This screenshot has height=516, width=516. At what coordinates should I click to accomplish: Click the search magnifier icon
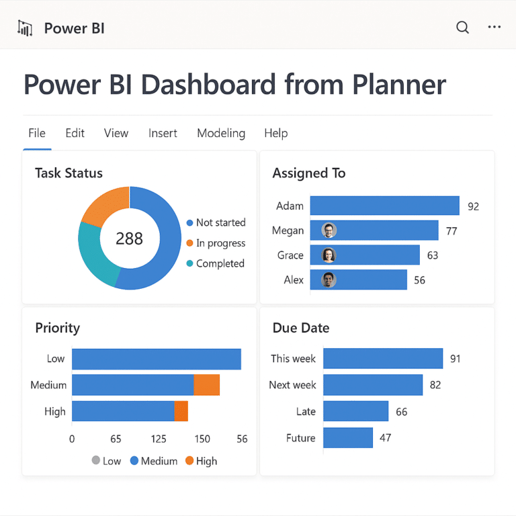click(462, 28)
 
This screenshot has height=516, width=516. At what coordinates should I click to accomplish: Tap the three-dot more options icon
click(494, 28)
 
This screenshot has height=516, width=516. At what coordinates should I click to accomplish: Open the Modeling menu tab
click(221, 133)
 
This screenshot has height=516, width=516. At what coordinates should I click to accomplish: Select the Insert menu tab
click(163, 133)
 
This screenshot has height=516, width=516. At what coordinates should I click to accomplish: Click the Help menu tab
click(275, 133)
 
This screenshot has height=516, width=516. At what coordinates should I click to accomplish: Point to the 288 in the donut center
click(129, 238)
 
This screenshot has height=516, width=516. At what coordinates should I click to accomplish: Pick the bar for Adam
click(384, 206)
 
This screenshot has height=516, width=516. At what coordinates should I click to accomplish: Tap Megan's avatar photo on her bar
click(329, 230)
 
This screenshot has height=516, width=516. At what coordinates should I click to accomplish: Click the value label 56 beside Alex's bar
click(419, 280)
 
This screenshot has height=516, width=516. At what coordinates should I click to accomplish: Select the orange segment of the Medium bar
click(206, 385)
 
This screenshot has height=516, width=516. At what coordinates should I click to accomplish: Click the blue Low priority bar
click(156, 359)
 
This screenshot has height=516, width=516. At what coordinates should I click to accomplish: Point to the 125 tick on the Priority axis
click(159, 439)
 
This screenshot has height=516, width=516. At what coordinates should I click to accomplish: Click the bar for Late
click(355, 411)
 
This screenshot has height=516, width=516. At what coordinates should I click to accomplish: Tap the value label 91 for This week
click(456, 359)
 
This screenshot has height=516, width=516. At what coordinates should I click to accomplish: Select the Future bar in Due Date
click(347, 438)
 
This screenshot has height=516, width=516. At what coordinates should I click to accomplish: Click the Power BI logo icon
click(25, 28)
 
